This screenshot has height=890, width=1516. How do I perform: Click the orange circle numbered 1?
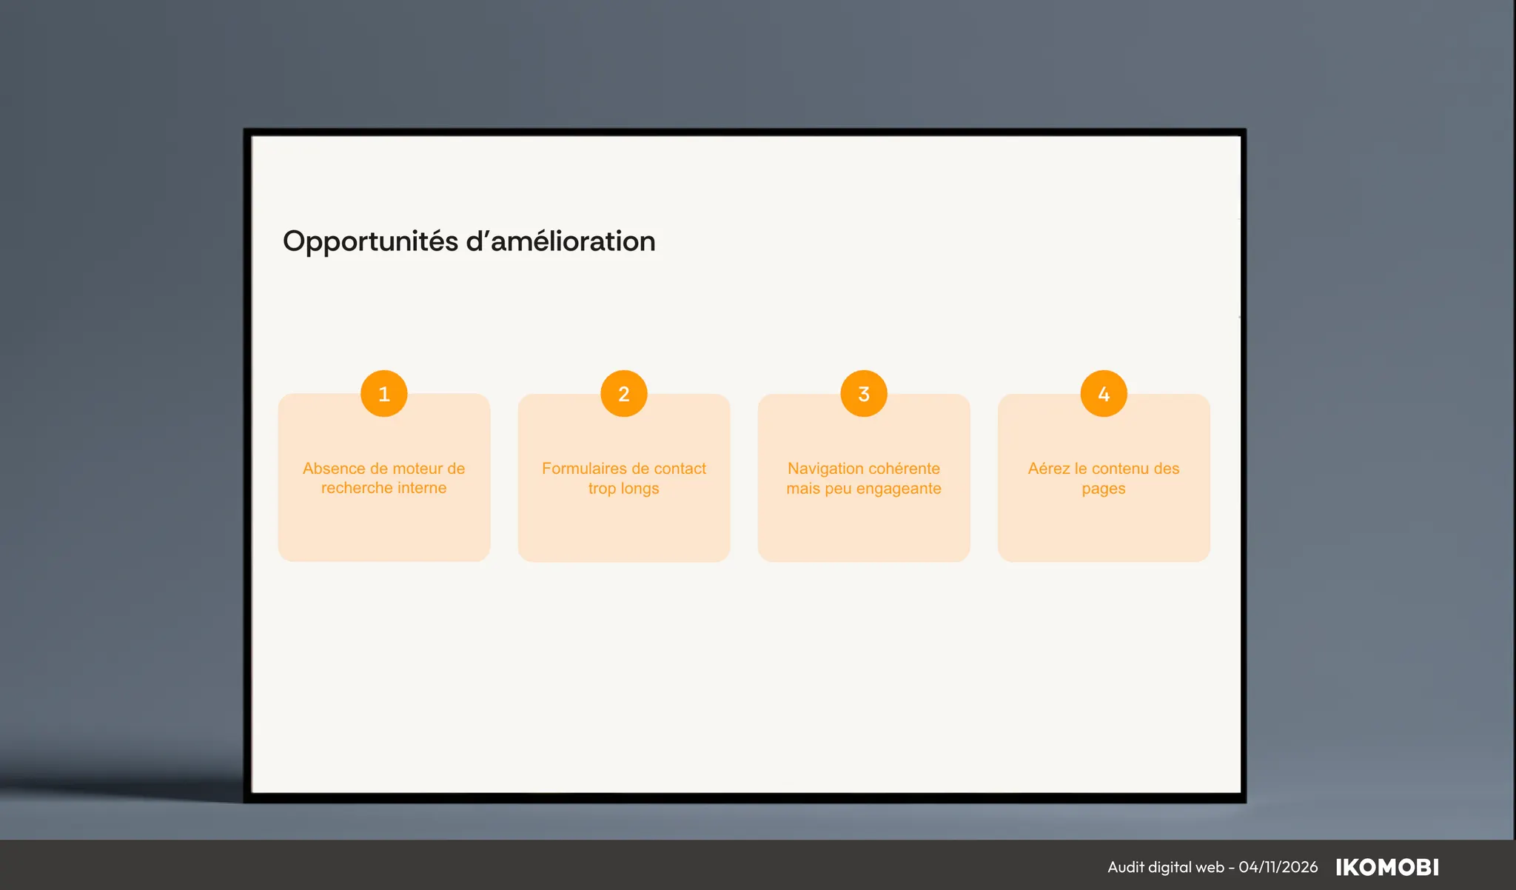(x=383, y=393)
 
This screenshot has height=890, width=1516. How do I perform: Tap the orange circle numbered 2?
(x=624, y=393)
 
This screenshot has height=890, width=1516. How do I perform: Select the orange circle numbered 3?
(x=864, y=393)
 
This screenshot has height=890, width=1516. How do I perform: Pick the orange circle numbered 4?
(x=1104, y=393)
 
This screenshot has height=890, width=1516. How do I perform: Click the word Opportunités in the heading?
(x=370, y=242)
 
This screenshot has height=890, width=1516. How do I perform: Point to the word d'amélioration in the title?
(x=561, y=241)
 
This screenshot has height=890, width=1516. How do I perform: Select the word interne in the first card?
(x=422, y=488)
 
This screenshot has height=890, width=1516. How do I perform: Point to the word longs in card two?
(x=640, y=489)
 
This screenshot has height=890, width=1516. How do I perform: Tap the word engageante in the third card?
(x=899, y=489)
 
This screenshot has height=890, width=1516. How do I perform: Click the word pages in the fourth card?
(x=1104, y=489)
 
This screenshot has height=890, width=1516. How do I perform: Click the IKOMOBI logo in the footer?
(x=1387, y=867)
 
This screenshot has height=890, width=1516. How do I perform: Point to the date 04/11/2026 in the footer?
(x=1278, y=867)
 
